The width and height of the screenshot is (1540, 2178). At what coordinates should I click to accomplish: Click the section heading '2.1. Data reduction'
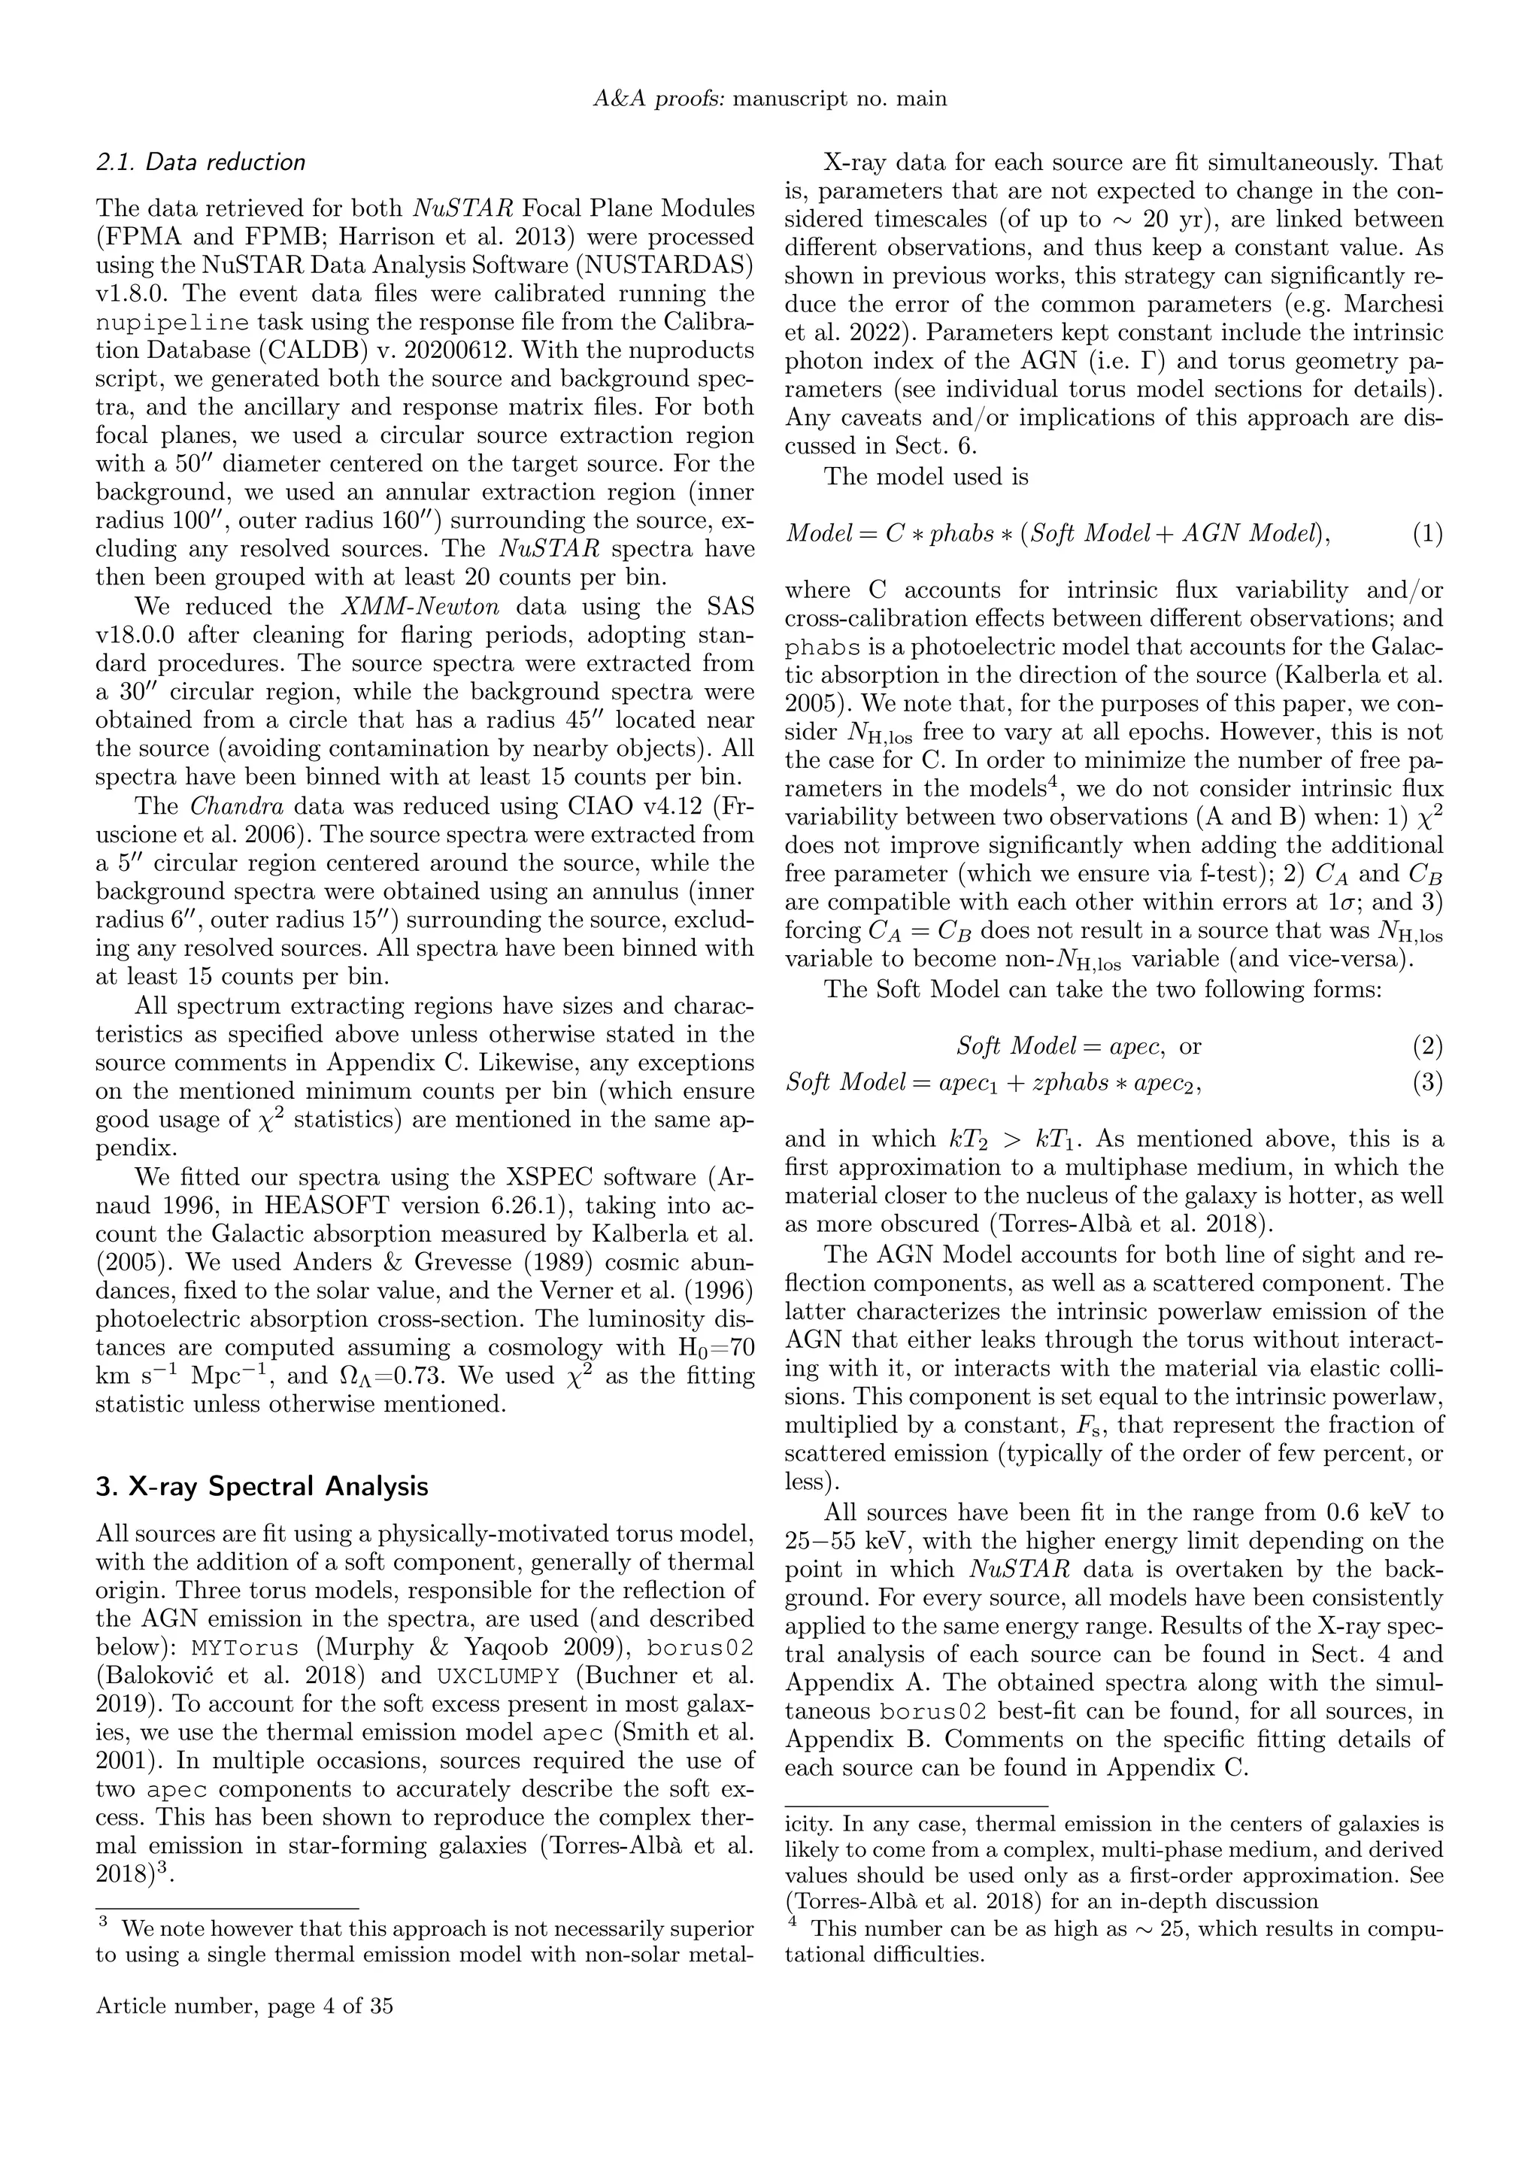pos(200,162)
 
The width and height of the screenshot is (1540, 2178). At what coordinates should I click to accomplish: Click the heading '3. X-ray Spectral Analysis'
pos(262,1485)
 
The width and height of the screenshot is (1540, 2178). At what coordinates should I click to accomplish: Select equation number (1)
pos(1427,534)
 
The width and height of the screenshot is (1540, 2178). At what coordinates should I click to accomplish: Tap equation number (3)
pos(1427,1082)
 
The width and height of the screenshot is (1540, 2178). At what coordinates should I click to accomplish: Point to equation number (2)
pos(1427,1046)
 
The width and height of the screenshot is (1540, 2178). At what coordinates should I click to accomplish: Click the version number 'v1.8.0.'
pos(132,294)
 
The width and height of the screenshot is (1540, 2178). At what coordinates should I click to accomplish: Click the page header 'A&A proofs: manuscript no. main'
pos(769,99)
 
